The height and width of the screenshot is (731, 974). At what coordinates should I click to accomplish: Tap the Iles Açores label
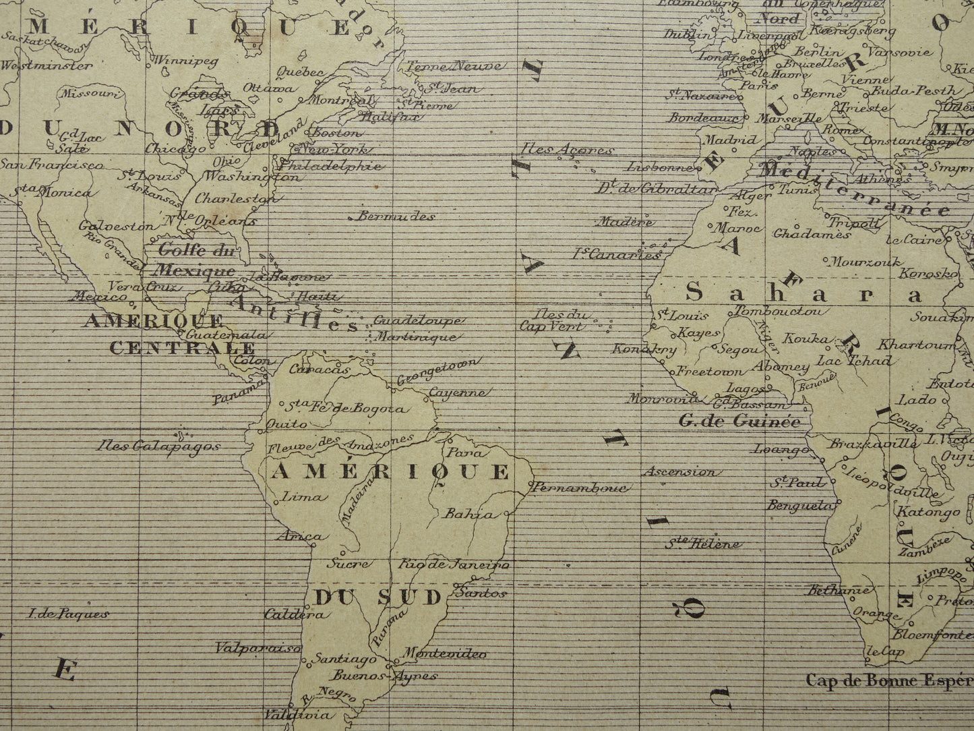pos(567,150)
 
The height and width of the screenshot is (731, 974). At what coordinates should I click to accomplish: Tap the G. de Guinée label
pos(739,422)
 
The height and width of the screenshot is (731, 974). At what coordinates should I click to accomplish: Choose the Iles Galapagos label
pos(158,446)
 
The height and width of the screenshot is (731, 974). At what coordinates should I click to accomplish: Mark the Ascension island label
pos(679,471)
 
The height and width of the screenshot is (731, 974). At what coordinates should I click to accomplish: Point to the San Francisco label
pos(52,165)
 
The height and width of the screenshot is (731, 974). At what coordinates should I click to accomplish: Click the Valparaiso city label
pos(257,648)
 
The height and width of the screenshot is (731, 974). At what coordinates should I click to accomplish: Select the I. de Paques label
pos(66,614)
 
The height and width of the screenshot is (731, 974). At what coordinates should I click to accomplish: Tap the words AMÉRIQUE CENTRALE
pos(169,334)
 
